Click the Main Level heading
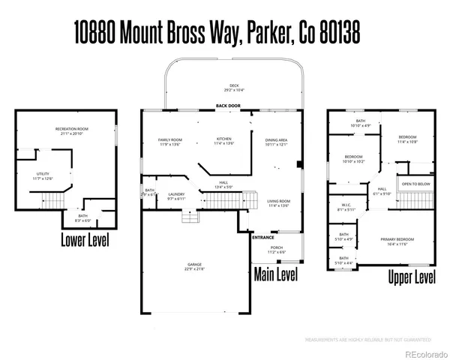point(276,274)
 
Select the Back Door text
point(229,106)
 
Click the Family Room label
point(170,139)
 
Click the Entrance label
point(262,237)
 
